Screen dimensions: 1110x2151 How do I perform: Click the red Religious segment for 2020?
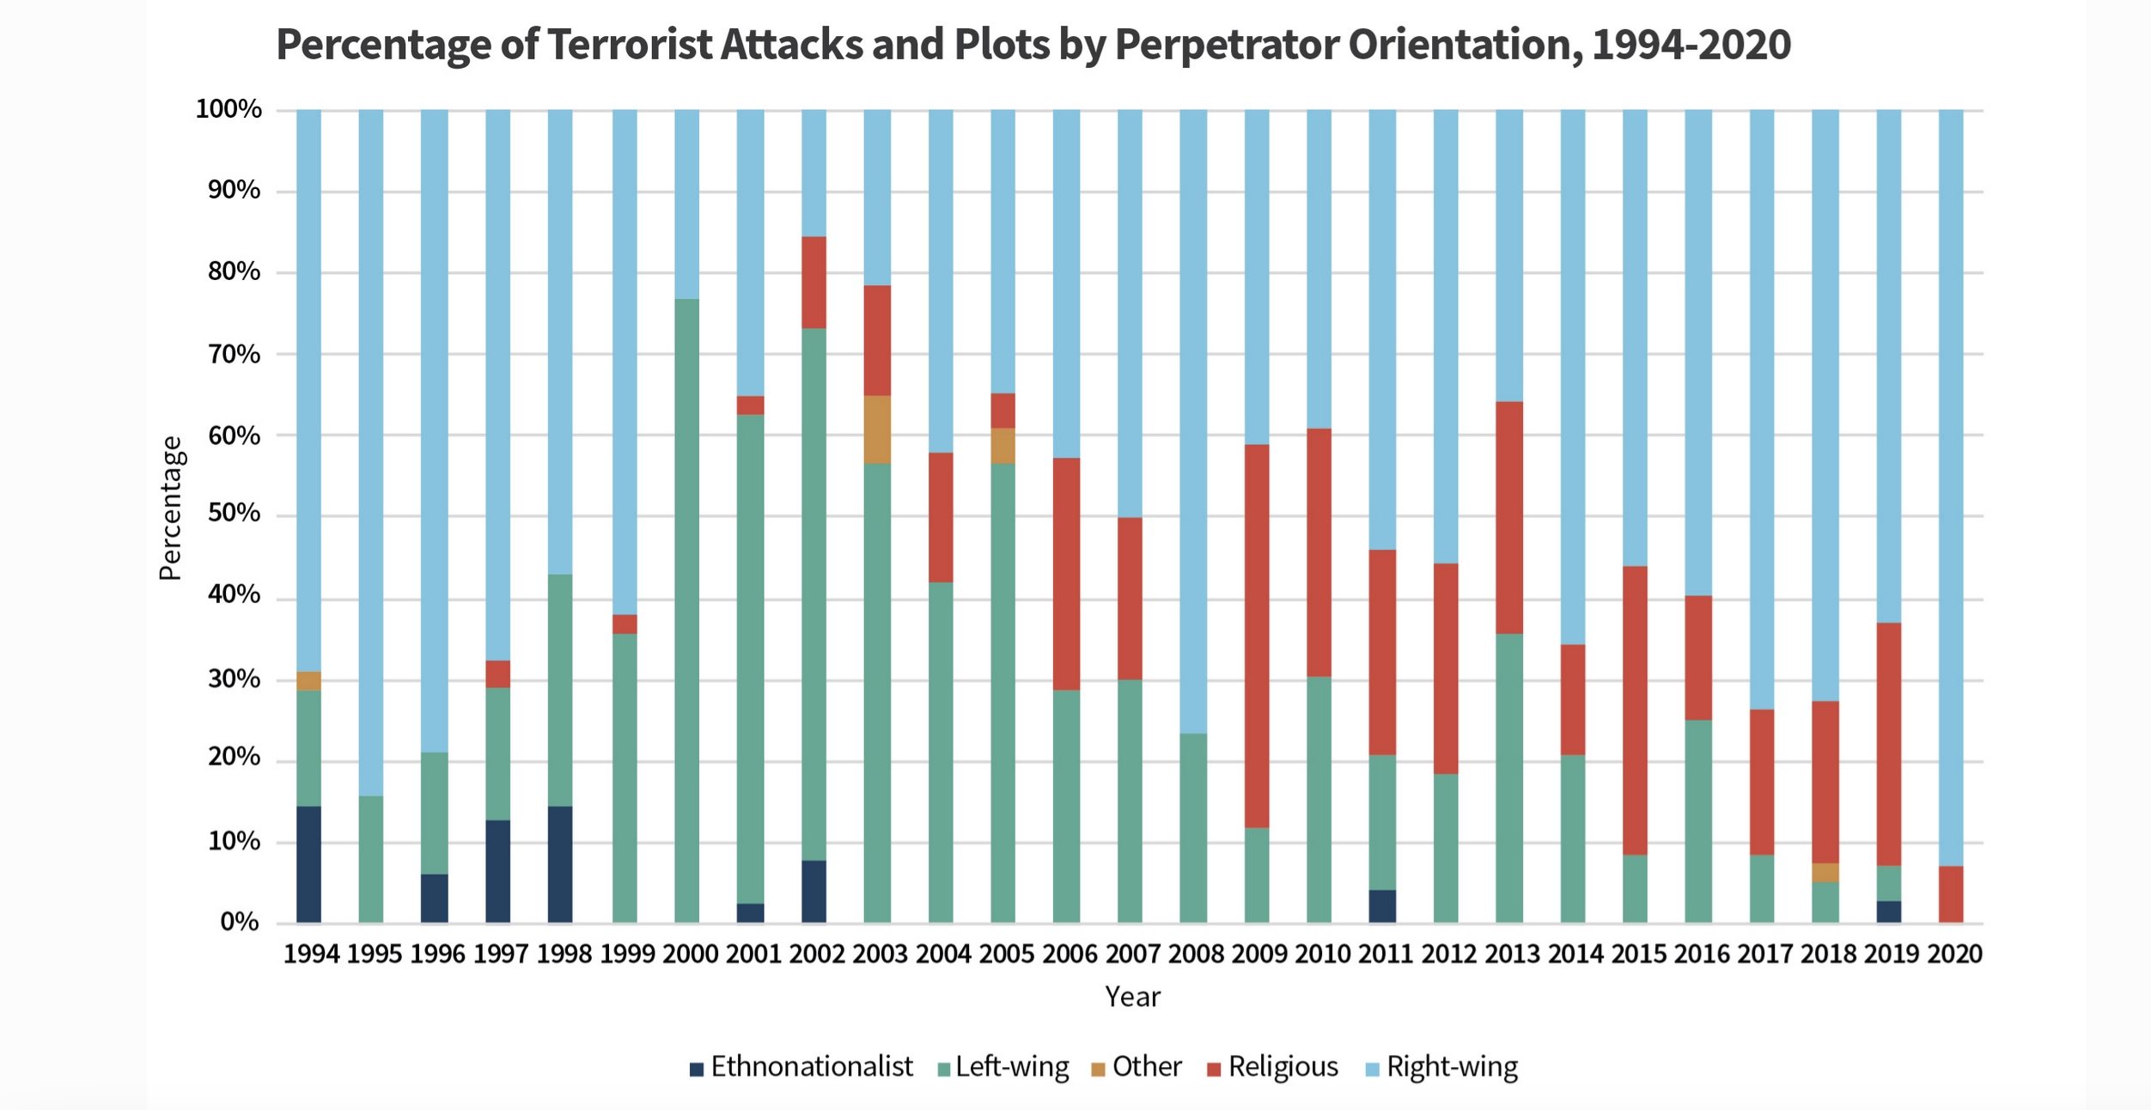(1951, 894)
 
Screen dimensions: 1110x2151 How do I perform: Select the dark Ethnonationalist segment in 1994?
(308, 864)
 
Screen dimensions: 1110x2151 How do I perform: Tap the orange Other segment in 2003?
(877, 430)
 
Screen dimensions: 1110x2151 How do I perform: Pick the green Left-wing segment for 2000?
(686, 611)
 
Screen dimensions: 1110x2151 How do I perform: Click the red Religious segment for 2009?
(1257, 636)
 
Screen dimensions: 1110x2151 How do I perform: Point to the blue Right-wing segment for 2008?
(1193, 421)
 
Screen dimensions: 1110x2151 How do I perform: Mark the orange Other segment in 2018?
(1825, 873)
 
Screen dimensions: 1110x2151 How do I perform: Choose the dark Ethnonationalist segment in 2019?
(1889, 912)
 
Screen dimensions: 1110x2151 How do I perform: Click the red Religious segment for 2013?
(1509, 517)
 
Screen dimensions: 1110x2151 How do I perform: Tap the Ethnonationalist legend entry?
(801, 1067)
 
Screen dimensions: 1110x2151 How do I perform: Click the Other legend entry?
(1136, 1067)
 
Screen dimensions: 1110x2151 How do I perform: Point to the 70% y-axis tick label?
(234, 354)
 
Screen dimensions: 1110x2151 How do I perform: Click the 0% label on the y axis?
(240, 922)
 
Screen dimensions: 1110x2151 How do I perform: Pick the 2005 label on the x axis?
(1007, 954)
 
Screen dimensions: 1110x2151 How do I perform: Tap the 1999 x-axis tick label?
(627, 954)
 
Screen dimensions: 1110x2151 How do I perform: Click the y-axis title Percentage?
(170, 509)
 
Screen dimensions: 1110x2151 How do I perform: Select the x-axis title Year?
(1132, 997)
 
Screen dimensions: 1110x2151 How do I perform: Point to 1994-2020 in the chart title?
(1691, 45)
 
